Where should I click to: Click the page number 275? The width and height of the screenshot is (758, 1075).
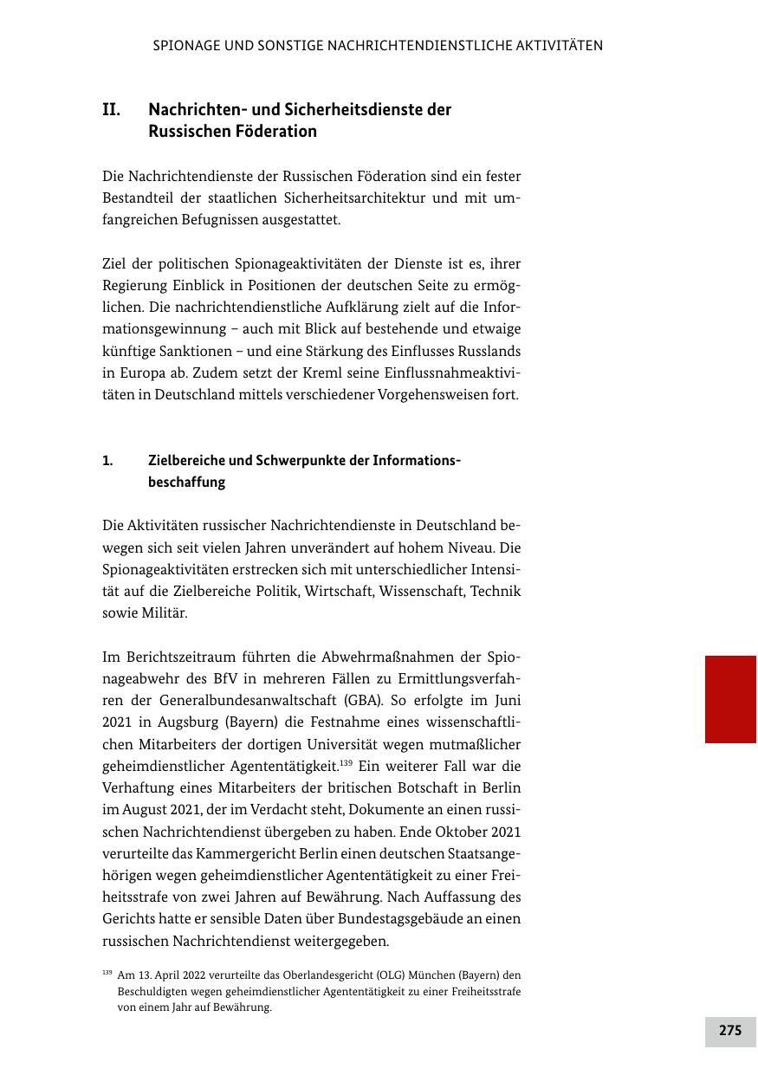pyautogui.click(x=730, y=1031)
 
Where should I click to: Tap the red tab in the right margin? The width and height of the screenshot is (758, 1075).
pyautogui.click(x=730, y=699)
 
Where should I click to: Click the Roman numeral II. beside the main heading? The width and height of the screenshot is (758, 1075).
pyautogui.click(x=111, y=111)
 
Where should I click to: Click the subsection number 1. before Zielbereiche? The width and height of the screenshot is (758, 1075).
pyautogui.click(x=107, y=461)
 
